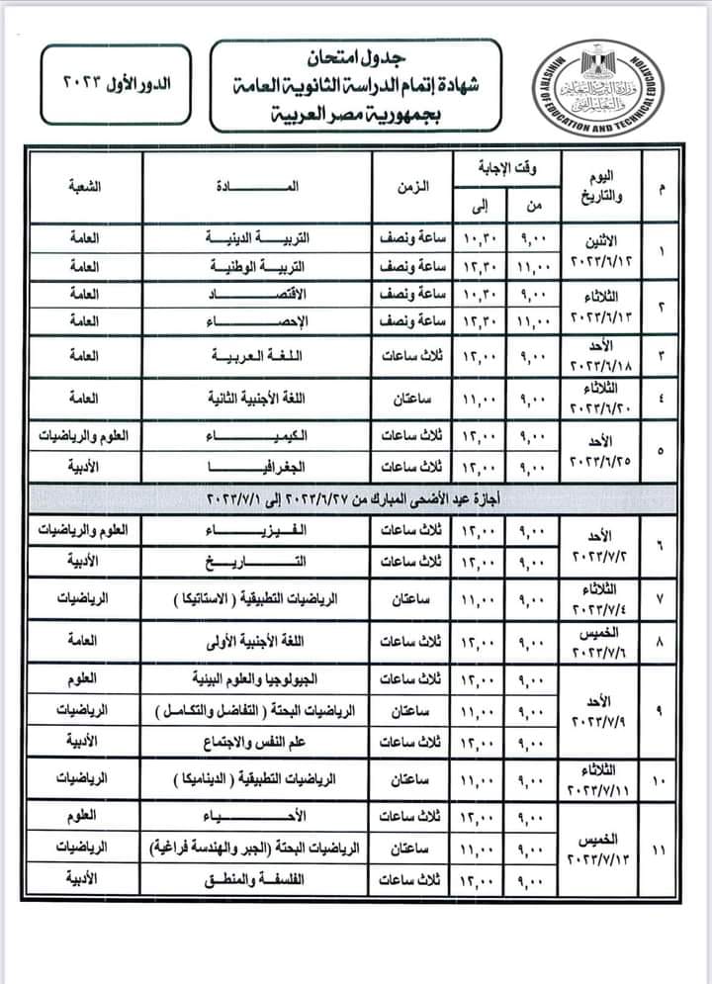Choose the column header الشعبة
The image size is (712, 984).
(85, 188)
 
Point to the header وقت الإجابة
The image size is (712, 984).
(506, 168)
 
